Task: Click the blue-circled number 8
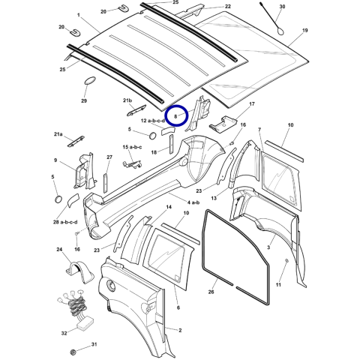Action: pos(177,116)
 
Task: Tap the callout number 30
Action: pos(281,7)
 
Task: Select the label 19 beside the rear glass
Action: pos(304,31)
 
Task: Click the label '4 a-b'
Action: pos(193,202)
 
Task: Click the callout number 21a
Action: pos(58,134)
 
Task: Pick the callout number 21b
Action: pos(127,100)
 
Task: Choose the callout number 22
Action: pos(227,6)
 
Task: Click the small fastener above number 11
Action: pos(287,259)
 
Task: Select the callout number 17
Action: pos(252,103)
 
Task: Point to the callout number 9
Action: pos(55,160)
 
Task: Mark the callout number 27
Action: pos(109,157)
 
